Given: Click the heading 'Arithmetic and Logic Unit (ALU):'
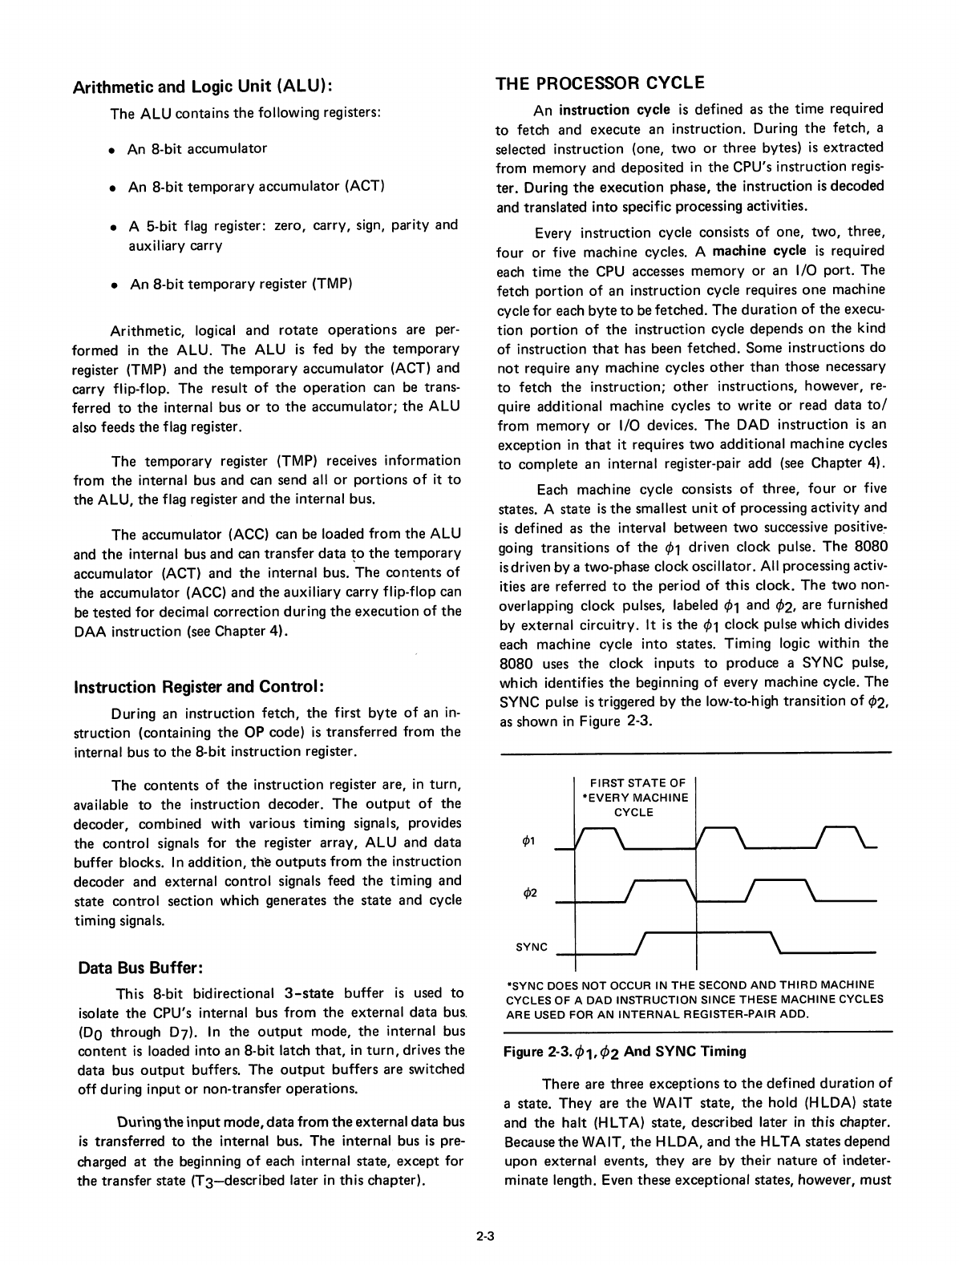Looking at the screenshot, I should [x=203, y=87].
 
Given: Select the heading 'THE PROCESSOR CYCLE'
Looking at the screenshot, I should [x=600, y=83].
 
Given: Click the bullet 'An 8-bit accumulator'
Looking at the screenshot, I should [x=197, y=148].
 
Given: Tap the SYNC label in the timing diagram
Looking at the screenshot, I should [x=532, y=947].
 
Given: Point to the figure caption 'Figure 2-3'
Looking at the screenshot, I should [x=624, y=1051].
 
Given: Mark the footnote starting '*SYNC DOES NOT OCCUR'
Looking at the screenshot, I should [x=694, y=999].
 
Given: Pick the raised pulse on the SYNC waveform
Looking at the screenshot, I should [x=706, y=934].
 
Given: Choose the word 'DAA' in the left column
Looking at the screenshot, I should [x=91, y=631].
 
